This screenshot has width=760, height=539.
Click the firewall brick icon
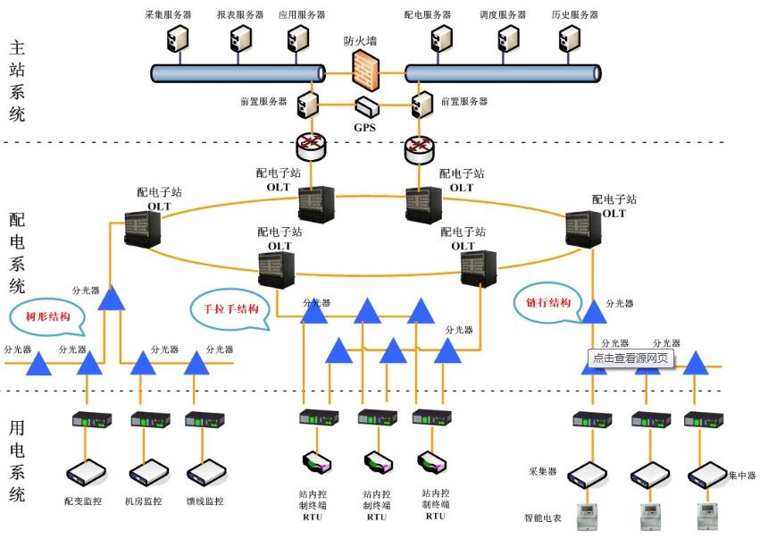pyautogui.click(x=364, y=67)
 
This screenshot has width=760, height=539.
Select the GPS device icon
pyautogui.click(x=366, y=106)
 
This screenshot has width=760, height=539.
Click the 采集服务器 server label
pyautogui.click(x=166, y=15)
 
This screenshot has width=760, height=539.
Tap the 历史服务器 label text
pyautogui.click(x=575, y=15)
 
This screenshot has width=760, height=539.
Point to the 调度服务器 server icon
pyautogui.click(x=508, y=38)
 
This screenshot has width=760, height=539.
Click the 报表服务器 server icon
pyautogui.click(x=239, y=38)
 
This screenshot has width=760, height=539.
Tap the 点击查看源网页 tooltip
pyautogui.click(x=630, y=358)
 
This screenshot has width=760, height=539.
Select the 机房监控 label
pyautogui.click(x=144, y=501)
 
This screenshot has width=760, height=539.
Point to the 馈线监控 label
pyautogui.click(x=205, y=501)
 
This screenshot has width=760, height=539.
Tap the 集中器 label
pyautogui.click(x=742, y=475)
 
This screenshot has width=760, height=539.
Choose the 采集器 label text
pyautogui.click(x=543, y=471)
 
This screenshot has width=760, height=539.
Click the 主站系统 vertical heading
pyautogui.click(x=17, y=81)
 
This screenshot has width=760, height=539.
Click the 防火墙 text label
pyautogui.click(x=361, y=41)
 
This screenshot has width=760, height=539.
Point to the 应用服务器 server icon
pyautogui.click(x=297, y=38)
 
